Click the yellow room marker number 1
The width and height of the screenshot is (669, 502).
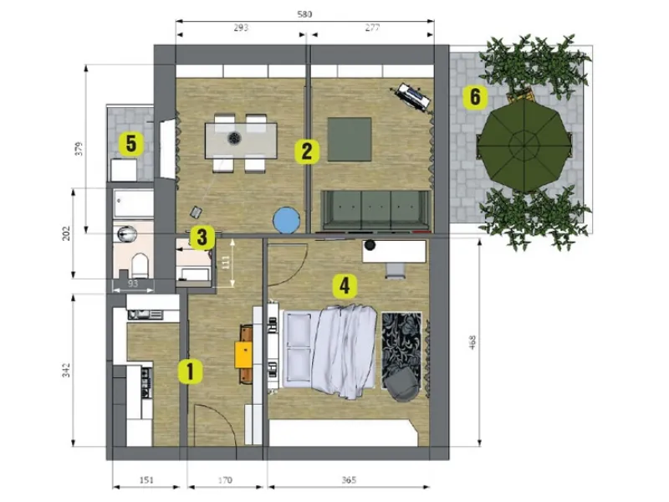[191, 371]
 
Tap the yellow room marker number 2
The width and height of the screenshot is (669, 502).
[307, 151]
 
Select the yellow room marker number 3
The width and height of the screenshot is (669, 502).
[202, 238]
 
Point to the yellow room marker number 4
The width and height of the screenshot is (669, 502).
[345, 285]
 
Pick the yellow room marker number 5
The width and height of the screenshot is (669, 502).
[131, 143]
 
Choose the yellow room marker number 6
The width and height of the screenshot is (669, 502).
[475, 97]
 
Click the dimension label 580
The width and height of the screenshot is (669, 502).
[304, 14]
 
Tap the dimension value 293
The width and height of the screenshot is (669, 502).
[241, 28]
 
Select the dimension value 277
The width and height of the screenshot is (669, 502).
[372, 28]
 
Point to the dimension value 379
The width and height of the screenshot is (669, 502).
[79, 149]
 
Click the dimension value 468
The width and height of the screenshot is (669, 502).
[472, 343]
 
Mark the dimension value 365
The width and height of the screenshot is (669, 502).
[349, 479]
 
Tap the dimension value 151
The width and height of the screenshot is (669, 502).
[146, 479]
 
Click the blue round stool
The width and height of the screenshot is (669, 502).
[286, 220]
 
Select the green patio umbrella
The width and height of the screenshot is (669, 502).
[524, 146]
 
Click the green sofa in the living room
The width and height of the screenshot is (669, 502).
[375, 210]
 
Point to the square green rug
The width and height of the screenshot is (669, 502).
[350, 140]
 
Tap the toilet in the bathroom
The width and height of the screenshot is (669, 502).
[140, 265]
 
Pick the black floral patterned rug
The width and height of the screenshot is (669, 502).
[402, 350]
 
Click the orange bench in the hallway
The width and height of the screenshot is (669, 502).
[245, 354]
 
